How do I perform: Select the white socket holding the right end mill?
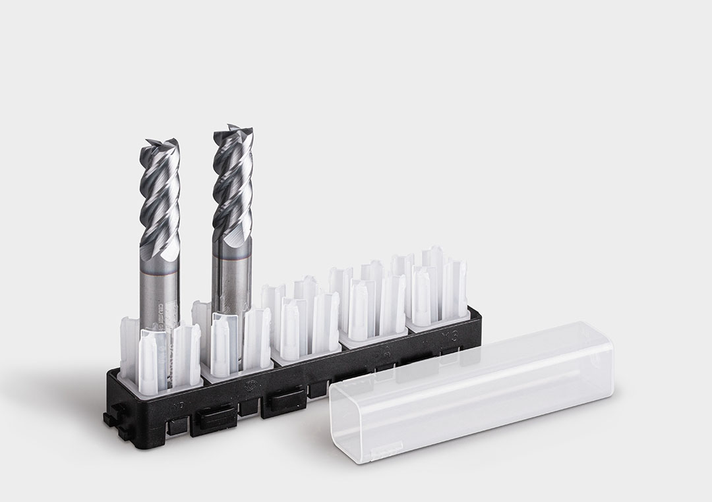[x=234, y=339]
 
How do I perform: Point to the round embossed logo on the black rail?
[x=251, y=385]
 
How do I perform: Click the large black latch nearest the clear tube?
[x=283, y=402]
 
